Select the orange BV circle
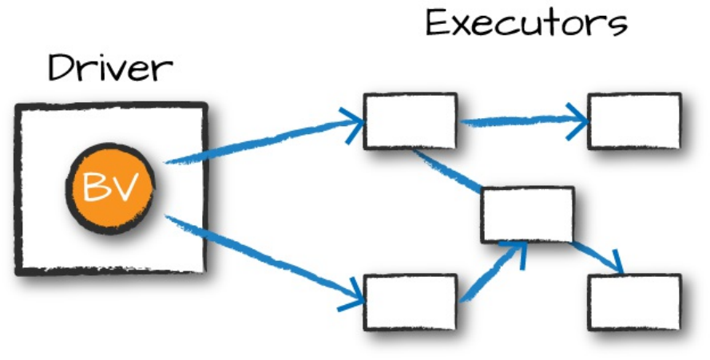tap(109, 188)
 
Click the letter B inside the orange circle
tap(96, 188)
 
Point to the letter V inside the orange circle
tap(123, 188)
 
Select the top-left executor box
tap(410, 121)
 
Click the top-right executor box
tap(634, 121)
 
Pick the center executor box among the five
tap(527, 214)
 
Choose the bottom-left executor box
tap(410, 302)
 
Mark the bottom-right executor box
tap(634, 302)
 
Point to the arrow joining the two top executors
tap(519, 121)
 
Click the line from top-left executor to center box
tap(447, 170)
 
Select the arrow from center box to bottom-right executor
tap(596, 255)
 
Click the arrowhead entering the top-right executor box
tap(578, 121)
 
